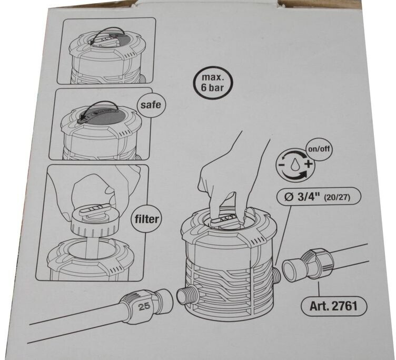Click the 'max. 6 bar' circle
pyautogui.click(x=212, y=82)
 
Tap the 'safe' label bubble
pyautogui.click(x=151, y=104)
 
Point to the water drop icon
pyautogui.click(x=295, y=164)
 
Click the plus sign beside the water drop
pyautogui.click(x=309, y=164)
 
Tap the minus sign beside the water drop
pyautogui.click(x=281, y=166)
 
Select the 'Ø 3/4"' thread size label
pyautogui.click(x=302, y=197)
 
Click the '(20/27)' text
pyautogui.click(x=338, y=197)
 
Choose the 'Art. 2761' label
pyautogui.click(x=333, y=306)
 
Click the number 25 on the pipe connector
pyautogui.click(x=144, y=307)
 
